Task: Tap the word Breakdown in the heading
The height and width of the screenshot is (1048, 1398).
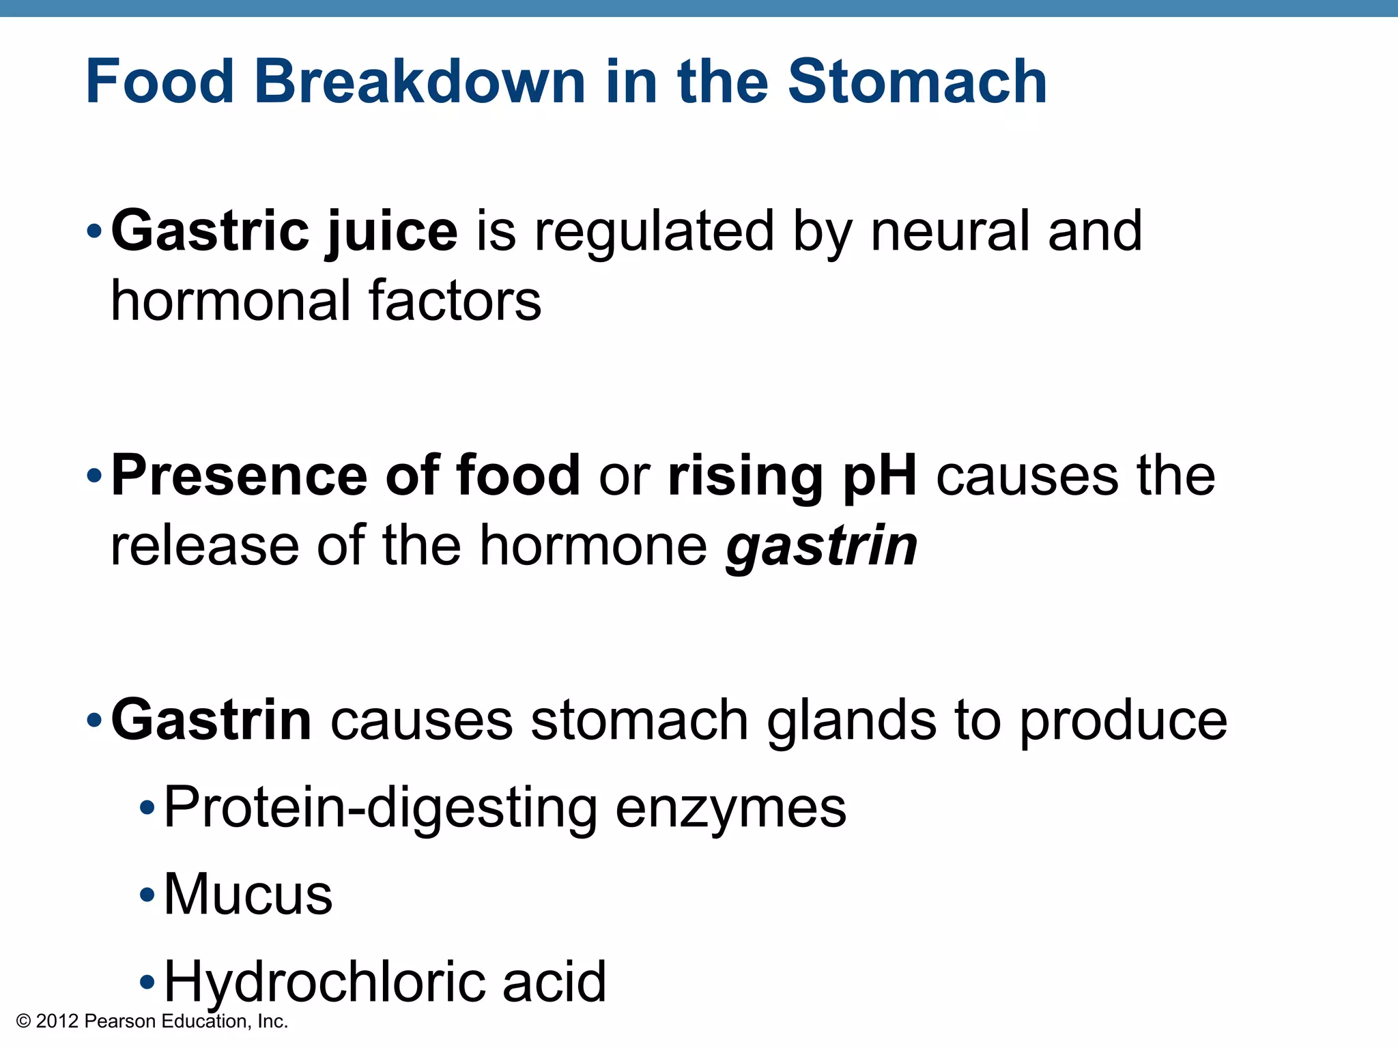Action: [x=420, y=82]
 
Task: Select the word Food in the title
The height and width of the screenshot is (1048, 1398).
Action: [x=160, y=82]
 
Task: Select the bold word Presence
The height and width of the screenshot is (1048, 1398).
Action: [x=239, y=475]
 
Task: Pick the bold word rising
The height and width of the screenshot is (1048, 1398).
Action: [x=746, y=476]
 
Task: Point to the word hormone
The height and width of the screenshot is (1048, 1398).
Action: [x=593, y=546]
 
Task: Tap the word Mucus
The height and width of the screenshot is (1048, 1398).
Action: [x=248, y=894]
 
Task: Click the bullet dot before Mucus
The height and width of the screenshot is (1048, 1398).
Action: [x=147, y=894]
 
